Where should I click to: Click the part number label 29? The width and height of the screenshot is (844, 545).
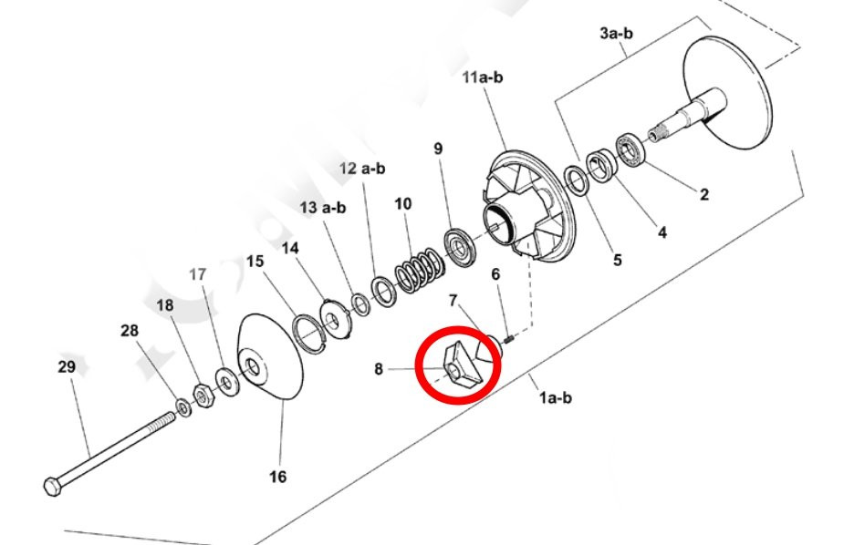pyautogui.click(x=67, y=367)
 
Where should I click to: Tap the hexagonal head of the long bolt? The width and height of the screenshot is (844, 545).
pyautogui.click(x=52, y=487)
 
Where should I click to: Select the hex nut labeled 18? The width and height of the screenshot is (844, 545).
pyautogui.click(x=203, y=396)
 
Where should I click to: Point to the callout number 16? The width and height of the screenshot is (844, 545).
pyautogui.click(x=277, y=477)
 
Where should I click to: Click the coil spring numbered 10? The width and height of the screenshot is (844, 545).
pyautogui.click(x=421, y=271)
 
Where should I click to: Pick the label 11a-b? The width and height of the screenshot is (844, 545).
pyautogui.click(x=483, y=77)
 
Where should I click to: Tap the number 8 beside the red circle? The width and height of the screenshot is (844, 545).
pyautogui.click(x=379, y=369)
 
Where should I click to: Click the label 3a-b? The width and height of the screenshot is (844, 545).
pyautogui.click(x=616, y=33)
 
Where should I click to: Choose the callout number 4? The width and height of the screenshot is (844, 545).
pyautogui.click(x=662, y=232)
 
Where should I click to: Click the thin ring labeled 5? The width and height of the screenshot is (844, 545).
pyautogui.click(x=577, y=181)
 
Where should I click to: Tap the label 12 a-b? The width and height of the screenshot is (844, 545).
pyautogui.click(x=362, y=169)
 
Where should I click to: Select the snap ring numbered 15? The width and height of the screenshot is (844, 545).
pyautogui.click(x=309, y=334)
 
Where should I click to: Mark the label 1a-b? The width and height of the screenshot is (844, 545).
pyautogui.click(x=556, y=397)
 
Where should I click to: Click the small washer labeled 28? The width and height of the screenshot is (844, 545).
pyautogui.click(x=183, y=407)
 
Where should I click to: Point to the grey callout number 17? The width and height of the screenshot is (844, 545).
pyautogui.click(x=198, y=274)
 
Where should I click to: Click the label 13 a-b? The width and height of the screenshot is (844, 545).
pyautogui.click(x=323, y=208)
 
